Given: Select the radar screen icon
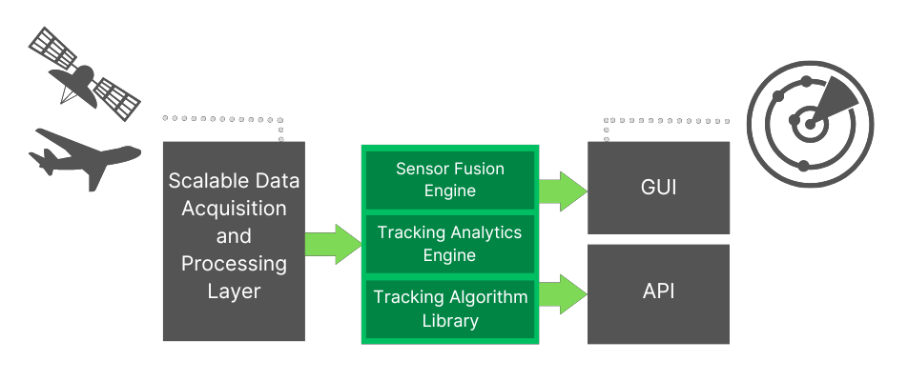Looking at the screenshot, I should [x=809, y=123].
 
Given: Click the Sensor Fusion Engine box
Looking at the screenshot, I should [x=450, y=180].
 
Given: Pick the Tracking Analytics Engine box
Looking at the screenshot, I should [x=450, y=244].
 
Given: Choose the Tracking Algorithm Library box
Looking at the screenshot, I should [x=450, y=309].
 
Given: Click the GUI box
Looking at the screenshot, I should [x=658, y=188].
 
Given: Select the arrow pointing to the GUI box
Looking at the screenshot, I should [x=563, y=191].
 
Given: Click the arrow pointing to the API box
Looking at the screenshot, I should [x=563, y=294].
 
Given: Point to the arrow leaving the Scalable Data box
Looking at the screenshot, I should [x=333, y=243].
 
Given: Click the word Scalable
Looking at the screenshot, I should [x=205, y=180].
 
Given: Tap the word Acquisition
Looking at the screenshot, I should [x=234, y=208].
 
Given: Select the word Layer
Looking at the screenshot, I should [x=234, y=291].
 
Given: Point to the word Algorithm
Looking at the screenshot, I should [x=484, y=297].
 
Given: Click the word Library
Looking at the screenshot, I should [x=450, y=321].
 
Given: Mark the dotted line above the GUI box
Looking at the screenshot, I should [x=667, y=121].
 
